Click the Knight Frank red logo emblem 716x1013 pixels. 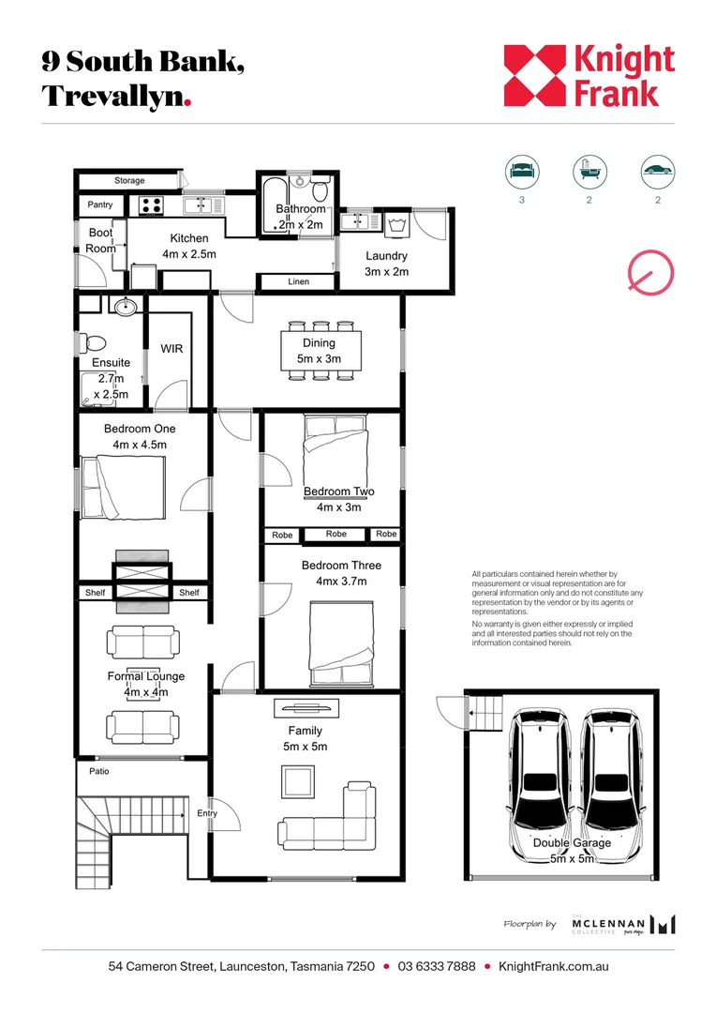click(x=534, y=75)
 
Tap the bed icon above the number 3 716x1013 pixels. click(x=522, y=172)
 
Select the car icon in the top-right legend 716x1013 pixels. click(x=657, y=172)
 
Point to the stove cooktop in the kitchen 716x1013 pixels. click(x=152, y=205)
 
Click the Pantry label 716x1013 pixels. click(x=100, y=204)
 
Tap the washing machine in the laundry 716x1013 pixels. click(x=395, y=224)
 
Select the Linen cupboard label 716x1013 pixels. click(x=298, y=281)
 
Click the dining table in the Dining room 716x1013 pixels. click(x=321, y=351)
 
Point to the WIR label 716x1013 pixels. click(x=172, y=349)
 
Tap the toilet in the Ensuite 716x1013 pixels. click(x=92, y=343)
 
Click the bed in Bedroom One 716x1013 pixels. click(x=124, y=487)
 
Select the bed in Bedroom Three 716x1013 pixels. click(x=341, y=643)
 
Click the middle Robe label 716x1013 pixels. click(x=336, y=534)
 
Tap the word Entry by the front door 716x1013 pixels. click(x=207, y=813)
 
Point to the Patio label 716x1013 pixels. click(x=99, y=771)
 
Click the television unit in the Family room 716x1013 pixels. click(x=306, y=708)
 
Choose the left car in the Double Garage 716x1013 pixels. click(x=540, y=786)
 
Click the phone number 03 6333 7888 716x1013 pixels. click(x=437, y=966)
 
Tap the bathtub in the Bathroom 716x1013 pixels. click(x=269, y=204)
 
